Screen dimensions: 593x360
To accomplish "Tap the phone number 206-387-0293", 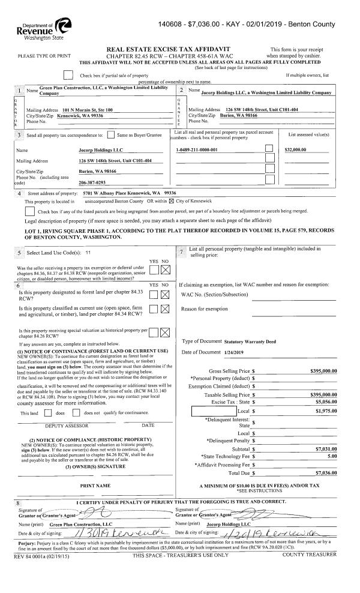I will [x=92, y=182].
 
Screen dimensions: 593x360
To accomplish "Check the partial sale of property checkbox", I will [x=70, y=75].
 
